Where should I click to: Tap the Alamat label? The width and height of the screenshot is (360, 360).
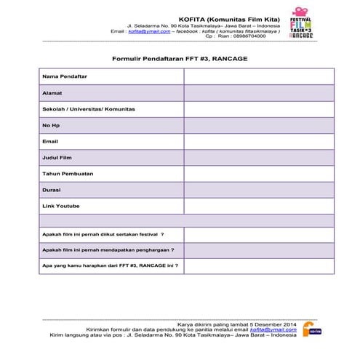pyautogui.click(x=52, y=92)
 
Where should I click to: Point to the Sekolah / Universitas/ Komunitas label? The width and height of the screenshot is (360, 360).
pyautogui.click(x=88, y=109)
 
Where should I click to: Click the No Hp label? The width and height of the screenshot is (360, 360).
pyautogui.click(x=51, y=125)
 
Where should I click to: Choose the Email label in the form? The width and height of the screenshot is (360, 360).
pyautogui.click(x=50, y=141)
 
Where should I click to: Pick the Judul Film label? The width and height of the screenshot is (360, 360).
pyautogui.click(x=57, y=157)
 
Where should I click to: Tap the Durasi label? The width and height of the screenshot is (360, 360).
pyautogui.click(x=52, y=190)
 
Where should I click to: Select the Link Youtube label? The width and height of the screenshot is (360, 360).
pyautogui.click(x=60, y=206)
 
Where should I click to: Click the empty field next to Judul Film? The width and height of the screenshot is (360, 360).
pyautogui.click(x=258, y=157)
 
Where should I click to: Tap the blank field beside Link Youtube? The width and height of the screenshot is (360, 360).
pyautogui.click(x=258, y=206)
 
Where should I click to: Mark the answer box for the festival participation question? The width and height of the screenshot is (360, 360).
pyautogui.click(x=258, y=235)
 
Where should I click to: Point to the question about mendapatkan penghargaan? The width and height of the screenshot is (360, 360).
pyautogui.click(x=108, y=250)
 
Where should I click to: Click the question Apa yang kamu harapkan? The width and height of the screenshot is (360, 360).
pyautogui.click(x=110, y=265)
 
